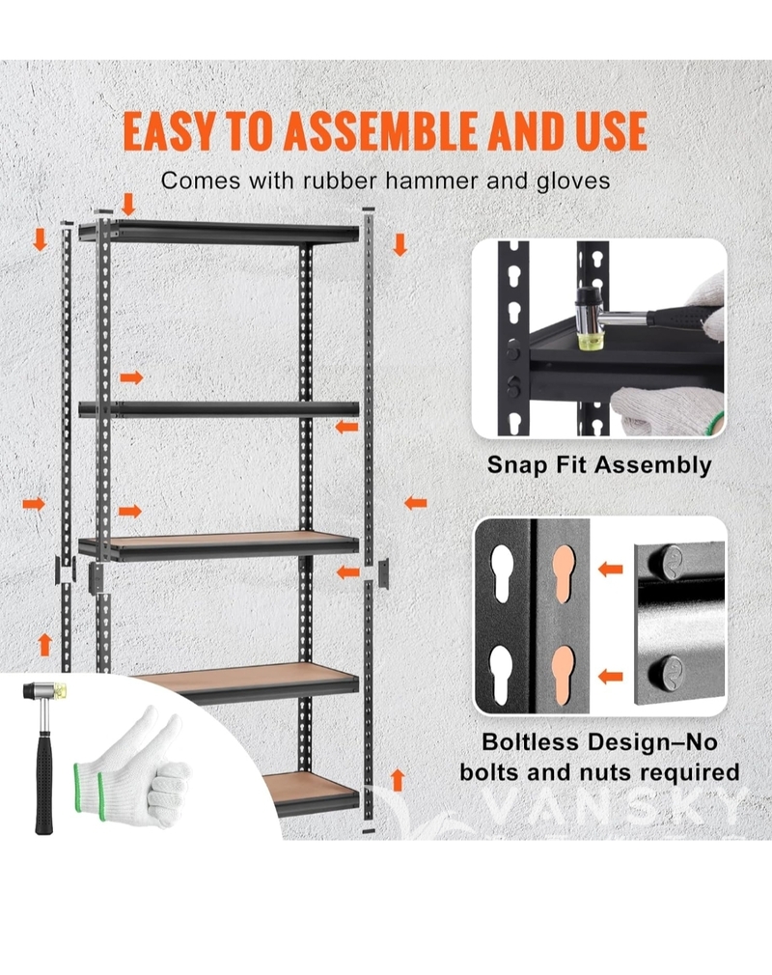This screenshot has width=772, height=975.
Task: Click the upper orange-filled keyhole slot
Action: [x=564, y=574]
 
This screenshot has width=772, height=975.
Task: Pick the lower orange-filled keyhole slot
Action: [x=564, y=675]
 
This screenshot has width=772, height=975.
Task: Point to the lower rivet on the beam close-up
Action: [x=668, y=672]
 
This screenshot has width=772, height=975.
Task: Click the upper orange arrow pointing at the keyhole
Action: [x=611, y=569]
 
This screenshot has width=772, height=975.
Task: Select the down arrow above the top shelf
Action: [x=128, y=204]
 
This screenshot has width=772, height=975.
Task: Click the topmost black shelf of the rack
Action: [x=219, y=232]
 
